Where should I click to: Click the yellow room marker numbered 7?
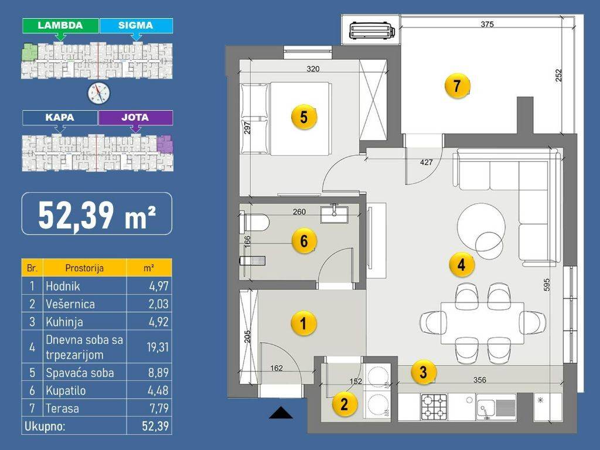point(457,86)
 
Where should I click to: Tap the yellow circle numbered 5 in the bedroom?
point(304,117)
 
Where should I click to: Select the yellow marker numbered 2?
point(344,404)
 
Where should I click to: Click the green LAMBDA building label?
point(60,26)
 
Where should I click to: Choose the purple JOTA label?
point(135,117)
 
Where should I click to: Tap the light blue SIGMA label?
point(136,26)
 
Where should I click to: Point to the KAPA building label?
point(60,117)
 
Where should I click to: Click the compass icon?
point(98,93)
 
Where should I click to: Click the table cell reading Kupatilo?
point(66,391)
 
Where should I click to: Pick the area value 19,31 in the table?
point(158,347)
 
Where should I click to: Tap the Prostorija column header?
point(84,268)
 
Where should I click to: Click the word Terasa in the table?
point(62,408)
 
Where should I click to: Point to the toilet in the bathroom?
point(254,223)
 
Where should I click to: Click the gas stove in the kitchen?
point(434,407)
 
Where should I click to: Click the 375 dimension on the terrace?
point(487,24)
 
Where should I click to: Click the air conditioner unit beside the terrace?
point(372,30)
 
